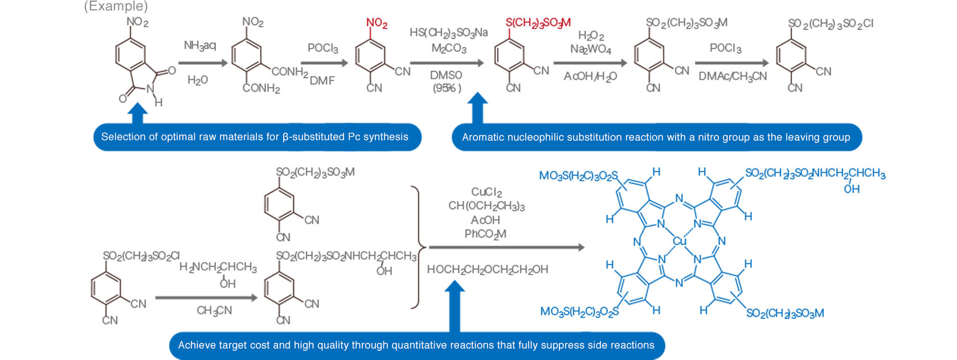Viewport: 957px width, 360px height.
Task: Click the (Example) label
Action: coord(116,6)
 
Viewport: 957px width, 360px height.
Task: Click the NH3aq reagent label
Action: coord(200,46)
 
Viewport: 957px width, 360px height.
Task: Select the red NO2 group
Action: coord(377,23)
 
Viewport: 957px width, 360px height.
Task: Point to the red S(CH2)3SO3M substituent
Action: coord(538,23)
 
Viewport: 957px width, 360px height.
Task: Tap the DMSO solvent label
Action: coord(446,75)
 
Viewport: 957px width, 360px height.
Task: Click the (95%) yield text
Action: coord(447,88)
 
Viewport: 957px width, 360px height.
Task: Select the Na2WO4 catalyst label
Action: coord(591,50)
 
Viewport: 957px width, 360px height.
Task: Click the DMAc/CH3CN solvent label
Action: coord(733,76)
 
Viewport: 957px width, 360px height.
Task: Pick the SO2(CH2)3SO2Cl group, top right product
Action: coord(830,23)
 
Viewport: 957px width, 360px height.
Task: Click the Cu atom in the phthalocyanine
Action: coord(679,241)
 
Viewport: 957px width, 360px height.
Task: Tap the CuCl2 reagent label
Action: coord(486,192)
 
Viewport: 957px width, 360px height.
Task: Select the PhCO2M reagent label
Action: coord(485,234)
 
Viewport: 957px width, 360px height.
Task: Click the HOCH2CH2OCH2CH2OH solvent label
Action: coord(488,269)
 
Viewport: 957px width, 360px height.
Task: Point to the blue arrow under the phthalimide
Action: coord(137,113)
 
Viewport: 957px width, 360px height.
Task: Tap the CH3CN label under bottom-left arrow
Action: coord(214,310)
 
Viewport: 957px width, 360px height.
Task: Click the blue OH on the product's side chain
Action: coord(852,189)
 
